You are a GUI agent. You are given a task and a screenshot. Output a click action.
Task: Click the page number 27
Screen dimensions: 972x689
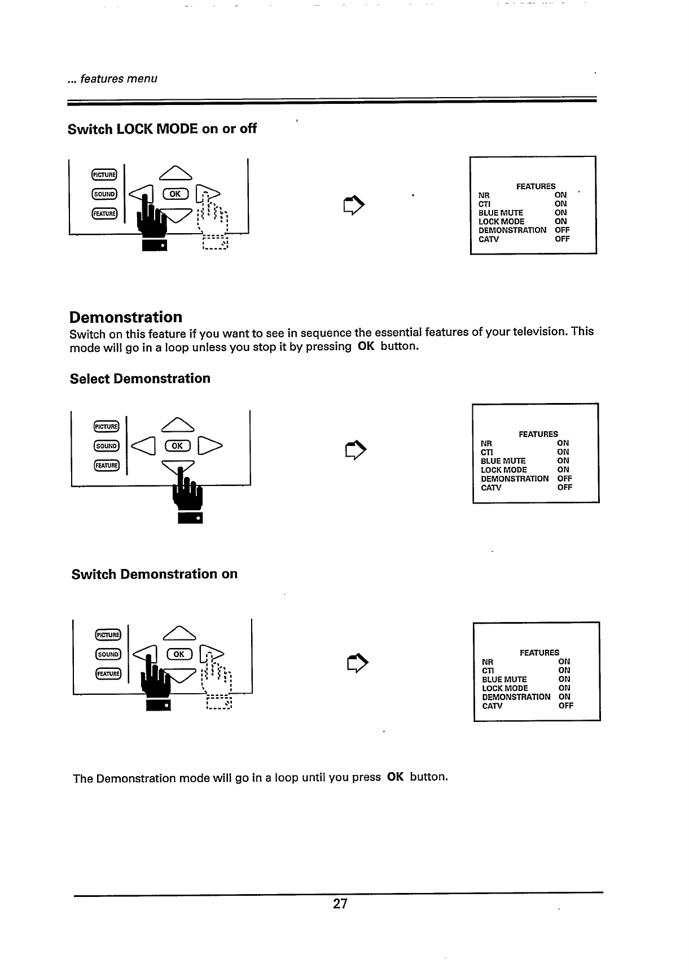pos(340,904)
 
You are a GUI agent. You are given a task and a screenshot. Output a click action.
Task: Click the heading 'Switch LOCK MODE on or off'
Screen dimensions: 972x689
pos(162,129)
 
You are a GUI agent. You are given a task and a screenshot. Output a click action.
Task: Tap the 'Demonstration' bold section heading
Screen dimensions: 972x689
pos(126,317)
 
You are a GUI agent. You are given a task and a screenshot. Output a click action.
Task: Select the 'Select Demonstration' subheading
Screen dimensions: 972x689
pos(140,378)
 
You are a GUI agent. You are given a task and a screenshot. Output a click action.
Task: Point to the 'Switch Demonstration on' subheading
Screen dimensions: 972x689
pos(155,574)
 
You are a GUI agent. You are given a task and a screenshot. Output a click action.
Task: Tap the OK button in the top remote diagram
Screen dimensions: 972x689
pos(175,194)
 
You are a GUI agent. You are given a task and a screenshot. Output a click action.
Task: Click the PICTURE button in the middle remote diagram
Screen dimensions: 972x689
pos(106,426)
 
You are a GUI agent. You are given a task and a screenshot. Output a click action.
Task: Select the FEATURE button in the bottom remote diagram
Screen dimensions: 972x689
pos(107,673)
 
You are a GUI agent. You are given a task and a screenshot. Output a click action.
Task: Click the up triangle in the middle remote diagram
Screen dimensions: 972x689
pos(178,423)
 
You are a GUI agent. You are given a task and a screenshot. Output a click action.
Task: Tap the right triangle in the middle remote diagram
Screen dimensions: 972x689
pos(211,446)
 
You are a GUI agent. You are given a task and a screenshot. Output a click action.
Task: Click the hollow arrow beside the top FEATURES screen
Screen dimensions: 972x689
pos(354,204)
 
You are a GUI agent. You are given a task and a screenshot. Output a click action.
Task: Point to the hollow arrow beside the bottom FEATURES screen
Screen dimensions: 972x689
pos(357,663)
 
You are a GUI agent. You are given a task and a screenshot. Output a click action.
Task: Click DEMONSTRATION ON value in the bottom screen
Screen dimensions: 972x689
pos(564,697)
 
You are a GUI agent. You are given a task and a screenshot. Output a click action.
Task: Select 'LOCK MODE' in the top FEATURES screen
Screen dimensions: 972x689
pos(501,221)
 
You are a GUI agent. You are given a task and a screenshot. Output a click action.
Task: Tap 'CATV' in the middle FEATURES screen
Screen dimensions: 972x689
pos(491,487)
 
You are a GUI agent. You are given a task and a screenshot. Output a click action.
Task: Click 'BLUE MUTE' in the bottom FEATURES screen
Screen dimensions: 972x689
pos(504,679)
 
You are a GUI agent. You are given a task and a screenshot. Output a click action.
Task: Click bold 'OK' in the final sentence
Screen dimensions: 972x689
pos(396,777)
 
